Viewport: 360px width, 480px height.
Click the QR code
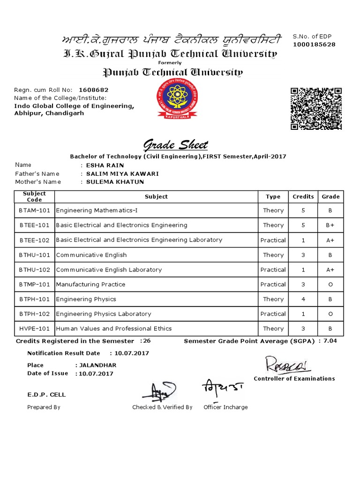pos(316,109)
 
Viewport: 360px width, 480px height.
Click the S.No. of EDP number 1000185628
pos(314,45)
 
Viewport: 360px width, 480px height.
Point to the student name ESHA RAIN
pos(102,165)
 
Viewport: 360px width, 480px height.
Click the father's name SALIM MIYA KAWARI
pos(122,173)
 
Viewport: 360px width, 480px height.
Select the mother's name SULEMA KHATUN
pos(115,182)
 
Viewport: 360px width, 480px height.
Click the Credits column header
pos(303,196)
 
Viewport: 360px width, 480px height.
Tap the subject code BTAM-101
pos(34,210)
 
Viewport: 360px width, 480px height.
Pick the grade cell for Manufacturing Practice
pos(330,285)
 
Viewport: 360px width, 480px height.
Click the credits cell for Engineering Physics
pos(303,299)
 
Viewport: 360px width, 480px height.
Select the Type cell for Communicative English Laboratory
pos(273,270)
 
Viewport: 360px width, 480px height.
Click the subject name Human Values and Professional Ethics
pos(114,329)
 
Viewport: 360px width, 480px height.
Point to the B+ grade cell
pos(330,225)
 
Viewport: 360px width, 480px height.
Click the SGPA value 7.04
pos(330,341)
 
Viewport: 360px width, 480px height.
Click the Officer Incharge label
pos(225,407)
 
